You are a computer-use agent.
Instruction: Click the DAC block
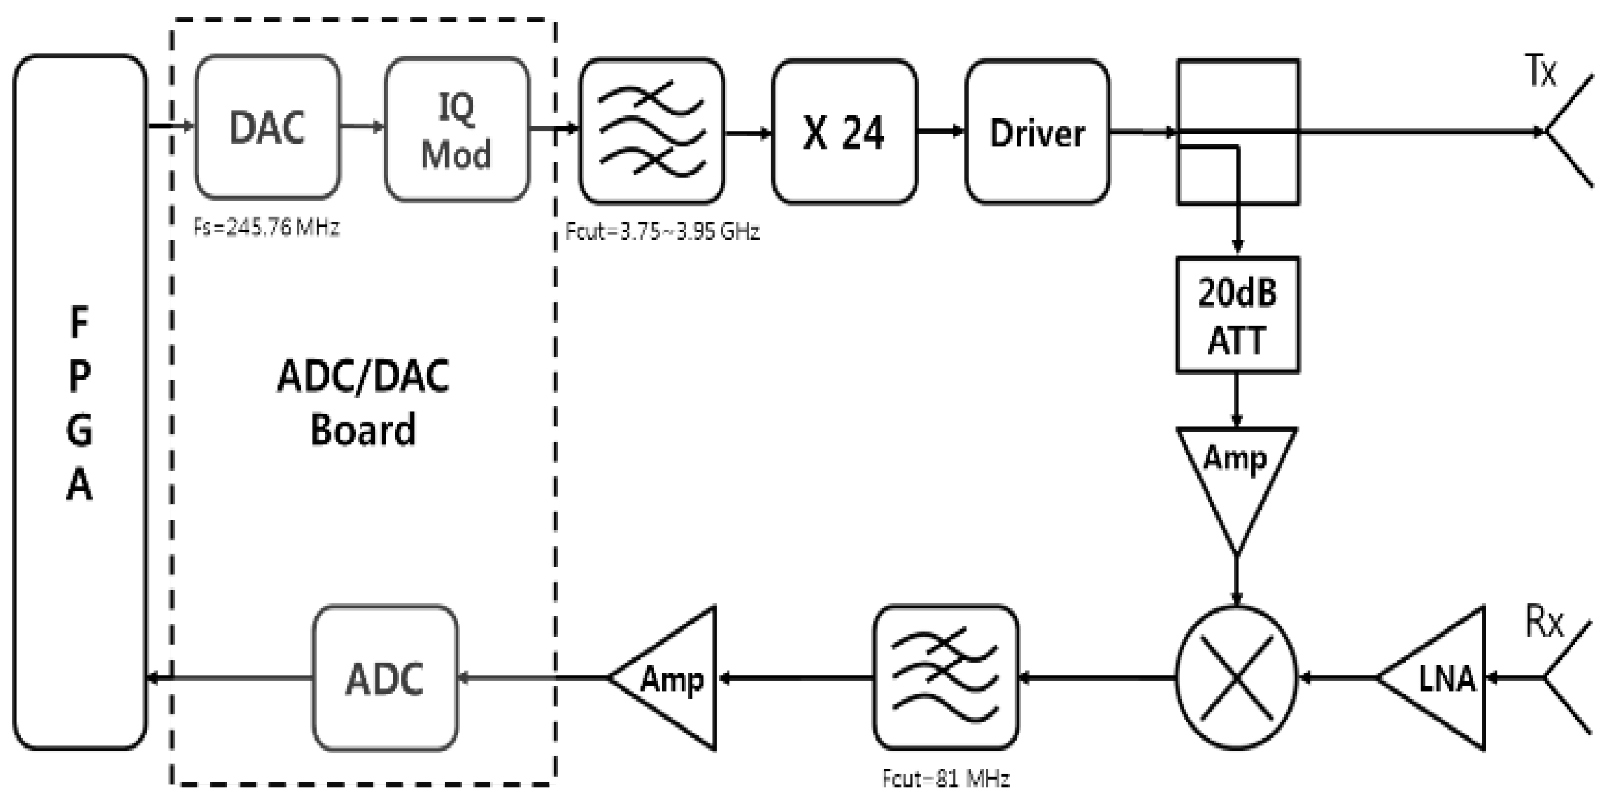[267, 128]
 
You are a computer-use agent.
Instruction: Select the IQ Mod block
[457, 130]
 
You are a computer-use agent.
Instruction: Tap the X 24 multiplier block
[843, 132]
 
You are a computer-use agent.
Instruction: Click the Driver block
[1037, 132]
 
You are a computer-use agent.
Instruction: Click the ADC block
[384, 678]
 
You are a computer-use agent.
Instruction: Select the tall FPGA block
[79, 403]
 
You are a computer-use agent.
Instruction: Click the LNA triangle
[1443, 678]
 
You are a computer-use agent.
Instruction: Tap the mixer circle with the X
[1236, 678]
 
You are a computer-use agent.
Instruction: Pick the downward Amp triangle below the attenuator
[1235, 477]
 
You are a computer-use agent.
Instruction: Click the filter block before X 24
[652, 131]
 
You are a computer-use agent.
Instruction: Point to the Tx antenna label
[1541, 70]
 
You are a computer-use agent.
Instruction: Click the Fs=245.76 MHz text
[266, 228]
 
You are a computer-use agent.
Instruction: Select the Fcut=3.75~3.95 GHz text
[662, 232]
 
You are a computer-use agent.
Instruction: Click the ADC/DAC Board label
[363, 403]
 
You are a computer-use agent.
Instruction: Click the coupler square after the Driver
[1237, 132]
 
